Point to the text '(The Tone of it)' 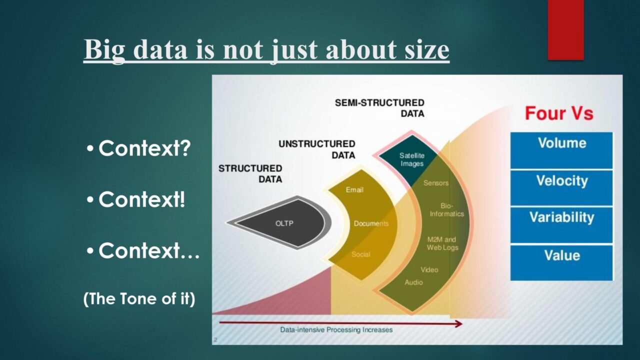139,298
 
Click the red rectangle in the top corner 565,30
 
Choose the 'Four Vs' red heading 559,113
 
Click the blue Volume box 561,150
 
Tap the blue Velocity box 561,187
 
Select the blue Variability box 561,225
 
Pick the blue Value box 561,262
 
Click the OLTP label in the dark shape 284,223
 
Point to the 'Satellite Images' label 412,159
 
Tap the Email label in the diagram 354,189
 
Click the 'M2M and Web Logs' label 442,243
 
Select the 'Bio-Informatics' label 447,209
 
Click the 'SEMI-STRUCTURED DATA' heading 379,108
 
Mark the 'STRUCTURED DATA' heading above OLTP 250,173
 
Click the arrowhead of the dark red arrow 459,323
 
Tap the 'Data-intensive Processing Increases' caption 336,329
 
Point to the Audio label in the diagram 413,282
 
